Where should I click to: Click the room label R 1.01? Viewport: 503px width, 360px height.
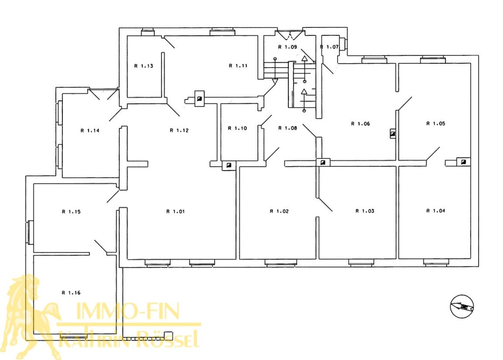175,211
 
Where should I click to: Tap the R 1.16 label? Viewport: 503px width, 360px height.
71,293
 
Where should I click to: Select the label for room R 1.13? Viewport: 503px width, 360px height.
144,66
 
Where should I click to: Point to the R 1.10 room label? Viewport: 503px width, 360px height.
237,128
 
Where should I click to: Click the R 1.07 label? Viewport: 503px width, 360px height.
329,47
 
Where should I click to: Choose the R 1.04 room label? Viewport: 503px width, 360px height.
436,211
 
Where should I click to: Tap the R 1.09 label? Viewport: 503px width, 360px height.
288,47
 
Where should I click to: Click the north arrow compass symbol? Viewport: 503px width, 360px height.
462,307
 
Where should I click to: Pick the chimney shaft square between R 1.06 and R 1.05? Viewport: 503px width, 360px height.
393,134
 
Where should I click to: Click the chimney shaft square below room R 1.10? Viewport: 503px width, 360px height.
229,166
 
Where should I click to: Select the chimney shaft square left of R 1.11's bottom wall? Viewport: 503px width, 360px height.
199,99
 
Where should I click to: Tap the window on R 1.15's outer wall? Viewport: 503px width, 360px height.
29,232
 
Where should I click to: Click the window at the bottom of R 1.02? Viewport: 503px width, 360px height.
281,263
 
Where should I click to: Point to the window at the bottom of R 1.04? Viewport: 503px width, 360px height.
436,263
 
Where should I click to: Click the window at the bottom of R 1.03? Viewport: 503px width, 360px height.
361,263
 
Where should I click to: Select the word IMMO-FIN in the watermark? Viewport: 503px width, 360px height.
128,311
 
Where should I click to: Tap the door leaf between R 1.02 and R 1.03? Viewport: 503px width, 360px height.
325,205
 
